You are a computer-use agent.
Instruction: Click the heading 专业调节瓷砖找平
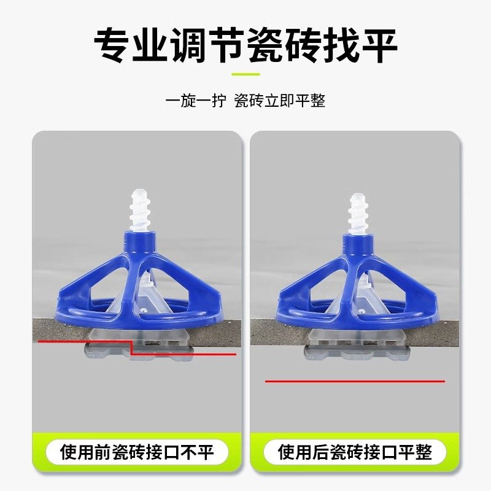(x=245, y=44)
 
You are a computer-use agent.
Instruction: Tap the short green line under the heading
(x=245, y=74)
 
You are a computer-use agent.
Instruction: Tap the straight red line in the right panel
(x=355, y=381)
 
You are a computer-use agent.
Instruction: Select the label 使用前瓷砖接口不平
(x=137, y=453)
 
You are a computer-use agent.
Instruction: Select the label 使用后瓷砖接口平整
(x=355, y=453)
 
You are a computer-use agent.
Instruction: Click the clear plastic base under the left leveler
(x=138, y=350)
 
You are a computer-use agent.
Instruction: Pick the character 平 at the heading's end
(x=377, y=44)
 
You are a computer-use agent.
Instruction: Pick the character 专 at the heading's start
(x=115, y=44)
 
